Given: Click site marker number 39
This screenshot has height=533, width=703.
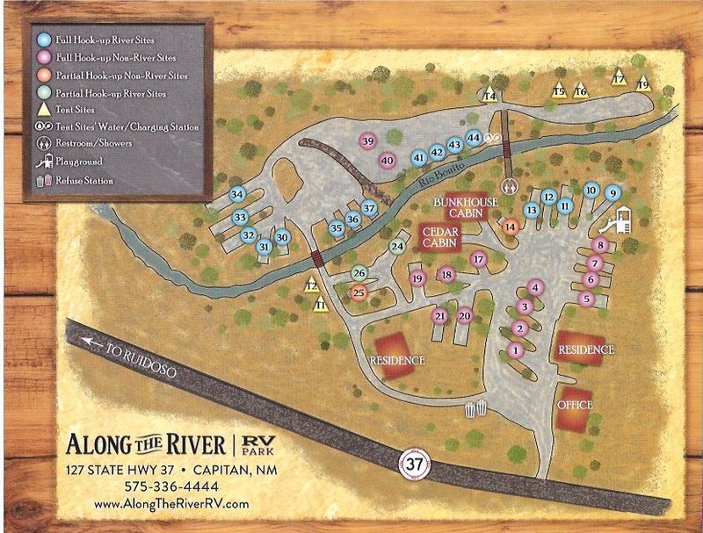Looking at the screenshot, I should coord(368,142).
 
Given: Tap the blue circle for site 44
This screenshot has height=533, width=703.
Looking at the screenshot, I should coord(474,138).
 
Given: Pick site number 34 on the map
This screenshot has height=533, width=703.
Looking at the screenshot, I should coord(236,194).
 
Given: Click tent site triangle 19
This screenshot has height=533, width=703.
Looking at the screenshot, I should coord(643,84).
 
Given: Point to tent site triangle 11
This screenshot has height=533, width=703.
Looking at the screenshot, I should coord(321,304).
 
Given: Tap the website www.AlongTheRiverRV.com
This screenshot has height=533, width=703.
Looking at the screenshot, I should coord(157,504).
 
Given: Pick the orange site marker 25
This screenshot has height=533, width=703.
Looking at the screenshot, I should coord(359,293).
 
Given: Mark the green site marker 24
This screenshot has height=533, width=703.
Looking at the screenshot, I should coord(397,247).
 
